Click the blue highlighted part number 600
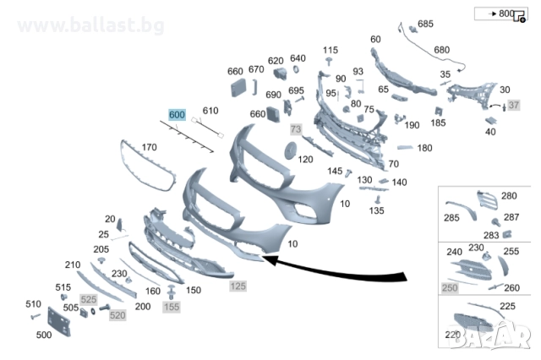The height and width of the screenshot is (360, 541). coord(176,114)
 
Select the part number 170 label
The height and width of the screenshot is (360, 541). coord(149,148)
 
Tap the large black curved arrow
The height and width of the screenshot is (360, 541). coord(338,272)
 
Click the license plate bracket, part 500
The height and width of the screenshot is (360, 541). coord(57,321)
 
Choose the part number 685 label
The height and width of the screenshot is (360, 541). coord(424,24)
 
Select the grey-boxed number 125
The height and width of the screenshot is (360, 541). coord(238,287)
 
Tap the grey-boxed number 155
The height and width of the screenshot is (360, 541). coord(172,307)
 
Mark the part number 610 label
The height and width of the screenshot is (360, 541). coord(210,111)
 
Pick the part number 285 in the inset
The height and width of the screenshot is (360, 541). coord(452,217)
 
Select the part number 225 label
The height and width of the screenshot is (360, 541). coord(507,305)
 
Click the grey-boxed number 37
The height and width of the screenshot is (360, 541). coord(513,106)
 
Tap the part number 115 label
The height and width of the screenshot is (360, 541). coord(331,51)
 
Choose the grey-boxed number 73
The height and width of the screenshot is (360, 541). coord(296,129)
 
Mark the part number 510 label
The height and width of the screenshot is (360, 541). coord(33,304)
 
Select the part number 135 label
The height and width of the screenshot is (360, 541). coord(374,210)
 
